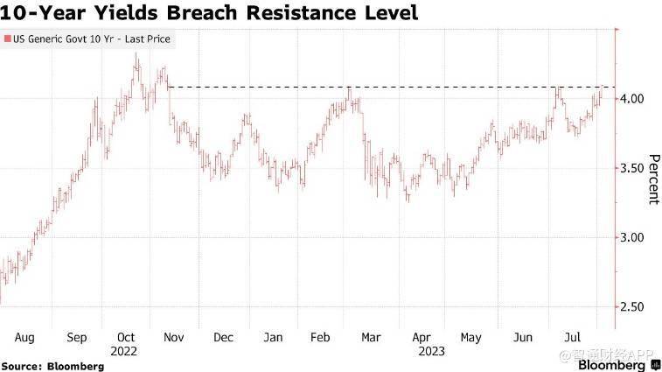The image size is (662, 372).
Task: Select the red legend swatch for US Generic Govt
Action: [8, 39]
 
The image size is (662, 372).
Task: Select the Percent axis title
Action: [652, 179]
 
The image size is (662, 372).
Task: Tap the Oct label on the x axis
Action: [127, 336]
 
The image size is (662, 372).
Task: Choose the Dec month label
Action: [224, 336]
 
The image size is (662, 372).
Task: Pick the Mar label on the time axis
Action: [371, 336]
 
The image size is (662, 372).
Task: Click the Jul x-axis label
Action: [573, 336]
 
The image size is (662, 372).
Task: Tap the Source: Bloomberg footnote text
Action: [52, 365]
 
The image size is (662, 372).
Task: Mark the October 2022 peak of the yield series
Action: [136, 54]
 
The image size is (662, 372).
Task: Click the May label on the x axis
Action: [471, 336]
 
